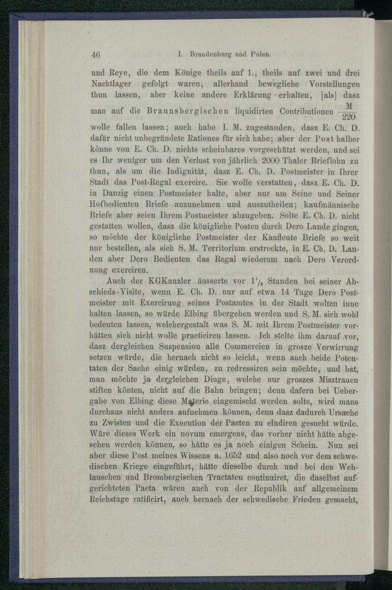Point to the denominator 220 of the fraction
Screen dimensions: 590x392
click(x=348, y=117)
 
